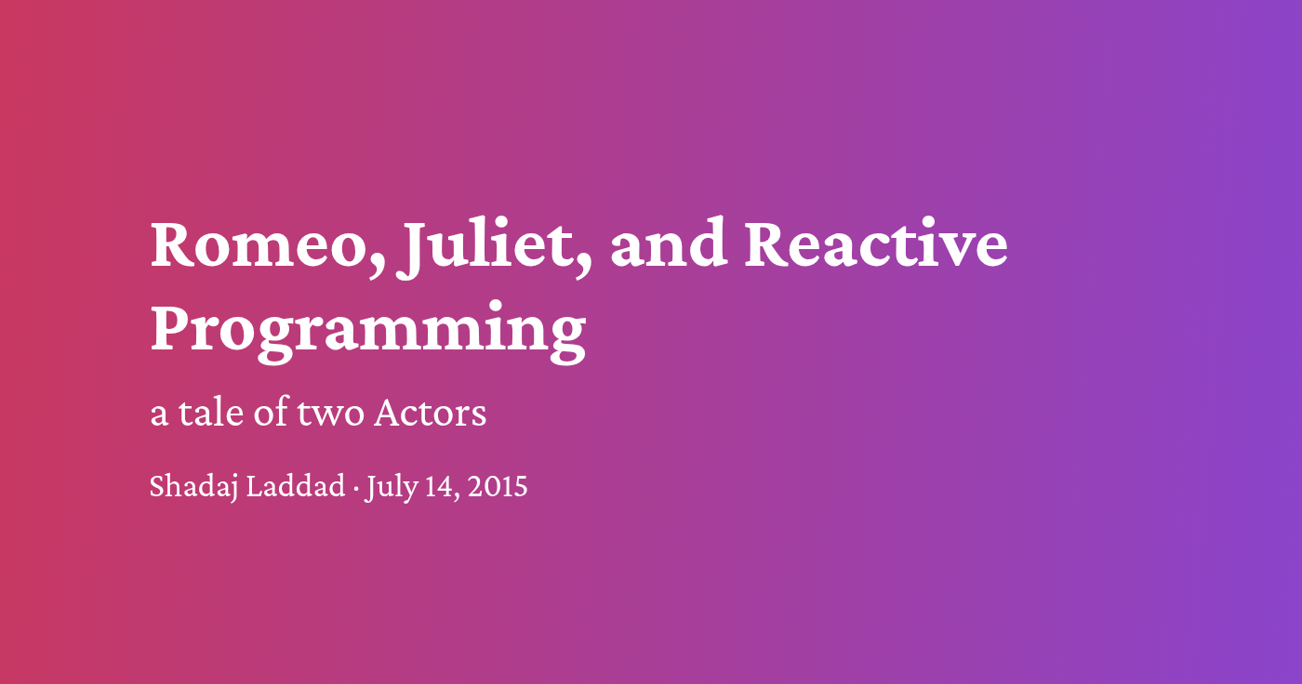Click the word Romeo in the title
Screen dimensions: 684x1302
click(262, 244)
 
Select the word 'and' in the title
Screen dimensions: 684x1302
click(667, 244)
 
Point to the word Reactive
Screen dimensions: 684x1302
click(876, 244)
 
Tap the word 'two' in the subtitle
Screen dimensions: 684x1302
click(330, 414)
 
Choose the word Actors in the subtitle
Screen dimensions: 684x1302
click(430, 413)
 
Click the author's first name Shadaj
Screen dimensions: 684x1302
click(193, 487)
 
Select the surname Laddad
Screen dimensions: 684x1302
click(296, 486)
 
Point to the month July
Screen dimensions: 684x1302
click(391, 487)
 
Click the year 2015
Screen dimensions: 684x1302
click(498, 486)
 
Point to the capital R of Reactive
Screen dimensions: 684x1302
click(768, 244)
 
